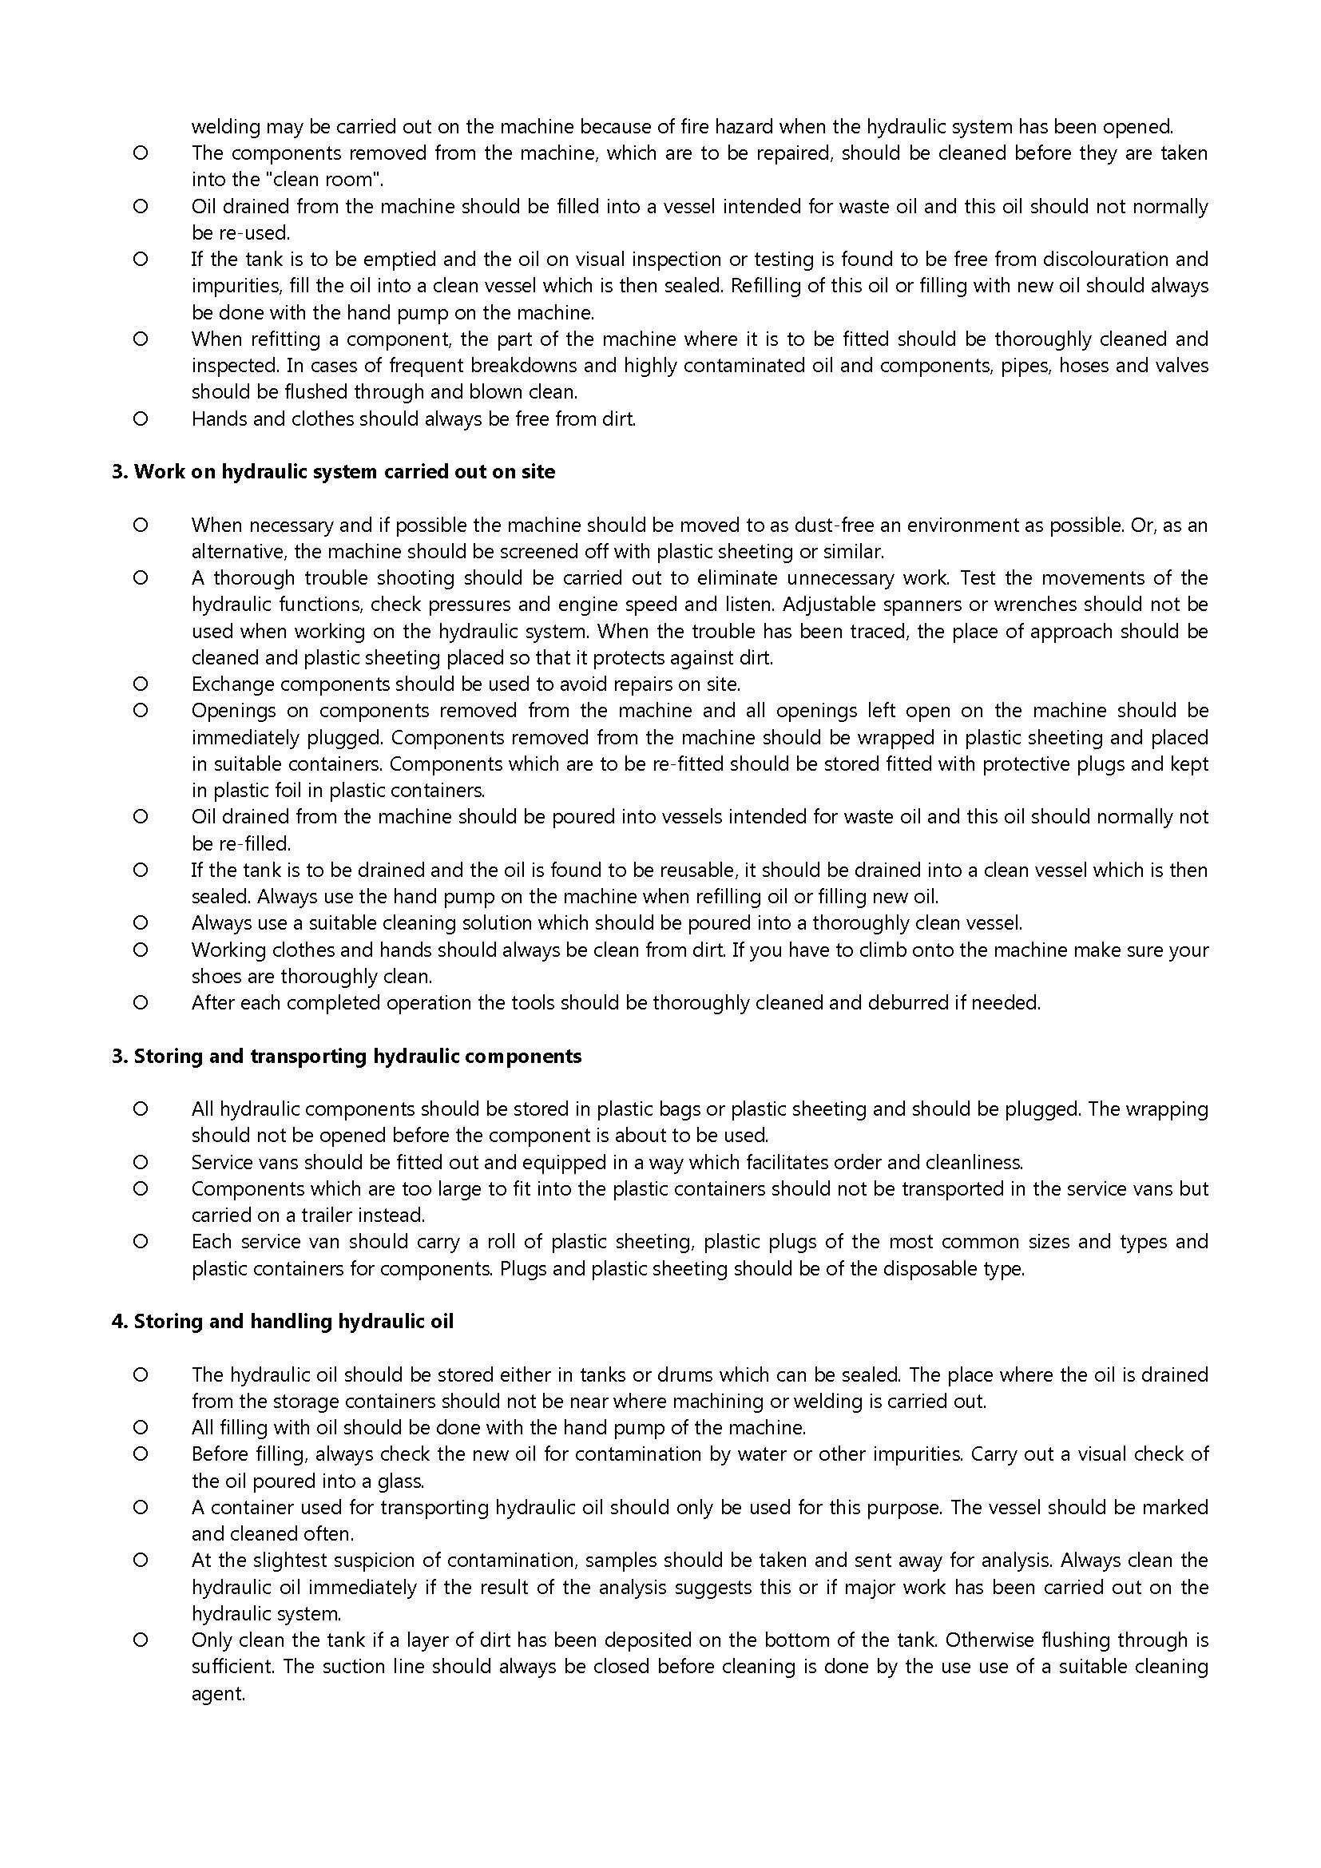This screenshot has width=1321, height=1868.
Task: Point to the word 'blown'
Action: click(x=496, y=392)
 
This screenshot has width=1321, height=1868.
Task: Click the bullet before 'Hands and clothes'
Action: click(x=140, y=419)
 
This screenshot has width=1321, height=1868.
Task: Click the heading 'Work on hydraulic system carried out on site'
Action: click(x=344, y=472)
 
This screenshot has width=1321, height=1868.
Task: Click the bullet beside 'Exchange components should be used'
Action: click(x=140, y=684)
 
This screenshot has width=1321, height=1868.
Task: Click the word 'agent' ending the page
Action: click(x=217, y=1695)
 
